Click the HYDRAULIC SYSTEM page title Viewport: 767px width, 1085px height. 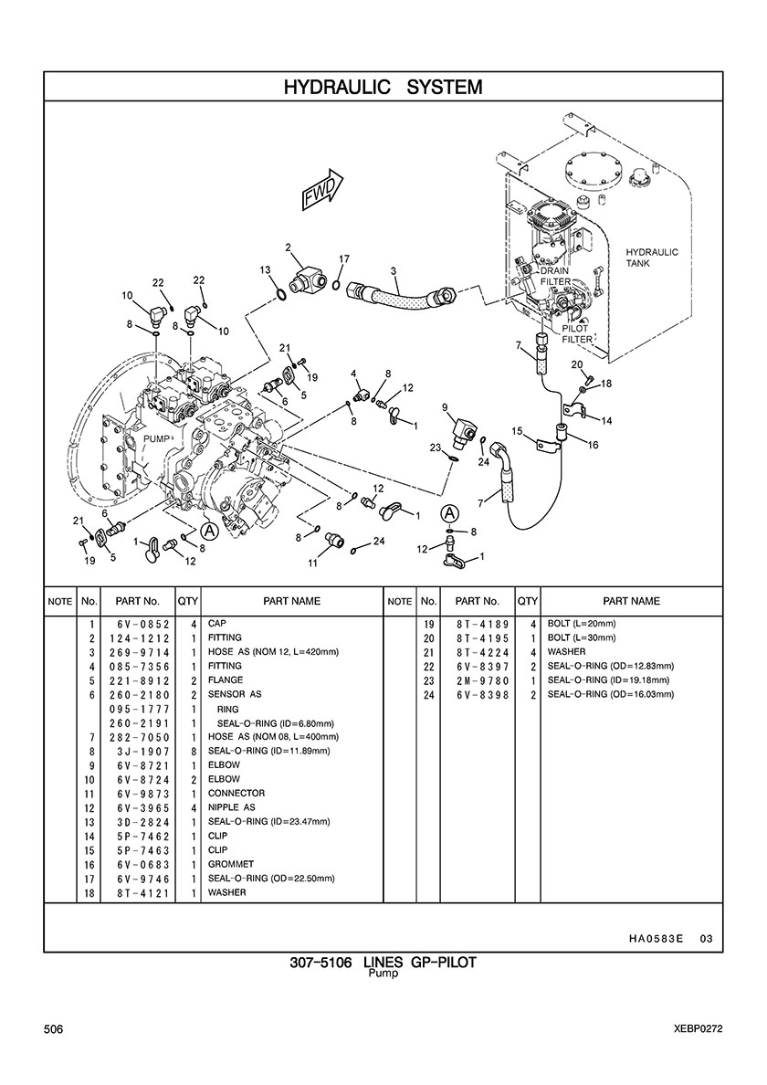383,87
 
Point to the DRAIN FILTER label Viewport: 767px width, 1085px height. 555,277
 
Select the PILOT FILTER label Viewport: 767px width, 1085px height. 577,333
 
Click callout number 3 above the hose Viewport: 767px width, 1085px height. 393,270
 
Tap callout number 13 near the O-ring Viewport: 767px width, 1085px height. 265,270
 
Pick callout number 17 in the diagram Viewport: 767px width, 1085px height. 344,259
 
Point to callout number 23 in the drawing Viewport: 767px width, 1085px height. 436,447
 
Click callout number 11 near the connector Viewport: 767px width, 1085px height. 312,564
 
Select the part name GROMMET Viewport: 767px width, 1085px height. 231,864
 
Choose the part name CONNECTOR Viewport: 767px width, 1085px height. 236,794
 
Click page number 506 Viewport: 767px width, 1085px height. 53,1029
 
